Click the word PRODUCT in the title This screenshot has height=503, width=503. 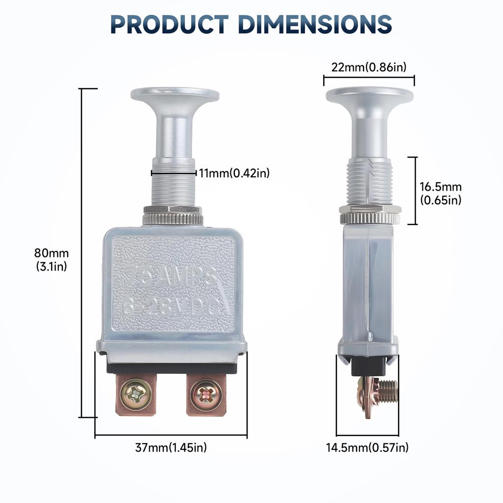click(169, 24)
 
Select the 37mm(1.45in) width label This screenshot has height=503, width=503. click(171, 447)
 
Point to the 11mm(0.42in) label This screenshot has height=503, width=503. click(234, 173)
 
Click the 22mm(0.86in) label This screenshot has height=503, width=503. click(369, 67)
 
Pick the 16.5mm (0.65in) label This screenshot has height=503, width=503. click(441, 193)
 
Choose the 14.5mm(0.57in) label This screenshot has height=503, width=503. click(367, 447)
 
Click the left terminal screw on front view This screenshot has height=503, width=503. click(136, 395)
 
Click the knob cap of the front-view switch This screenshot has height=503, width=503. click(175, 95)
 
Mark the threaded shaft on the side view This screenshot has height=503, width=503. click(369, 182)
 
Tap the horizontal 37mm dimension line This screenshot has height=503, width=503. click(171, 435)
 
